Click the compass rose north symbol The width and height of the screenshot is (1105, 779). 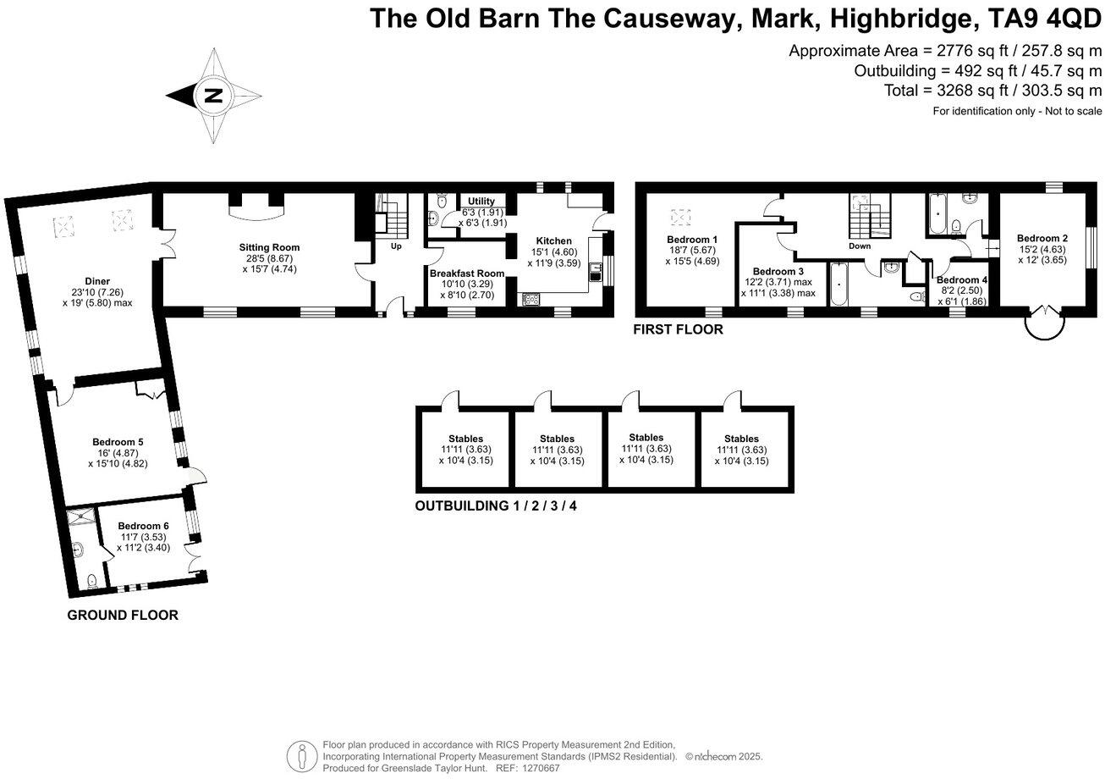214,96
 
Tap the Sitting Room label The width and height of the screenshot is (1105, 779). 269,247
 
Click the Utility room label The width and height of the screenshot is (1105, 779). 481,202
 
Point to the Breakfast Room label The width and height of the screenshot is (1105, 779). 466,273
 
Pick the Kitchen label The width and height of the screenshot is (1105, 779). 553,241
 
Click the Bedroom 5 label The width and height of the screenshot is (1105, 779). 118,442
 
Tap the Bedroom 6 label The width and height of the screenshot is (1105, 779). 143,526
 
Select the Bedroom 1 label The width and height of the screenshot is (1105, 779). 692,240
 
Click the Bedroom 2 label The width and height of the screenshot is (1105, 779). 1042,239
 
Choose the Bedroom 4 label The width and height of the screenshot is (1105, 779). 962,280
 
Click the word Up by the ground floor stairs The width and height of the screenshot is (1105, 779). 396,246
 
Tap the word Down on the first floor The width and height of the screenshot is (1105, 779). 860,246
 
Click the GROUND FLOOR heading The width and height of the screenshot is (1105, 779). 123,616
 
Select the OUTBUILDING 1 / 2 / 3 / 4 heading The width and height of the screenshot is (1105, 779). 496,507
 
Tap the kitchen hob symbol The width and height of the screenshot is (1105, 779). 532,298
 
